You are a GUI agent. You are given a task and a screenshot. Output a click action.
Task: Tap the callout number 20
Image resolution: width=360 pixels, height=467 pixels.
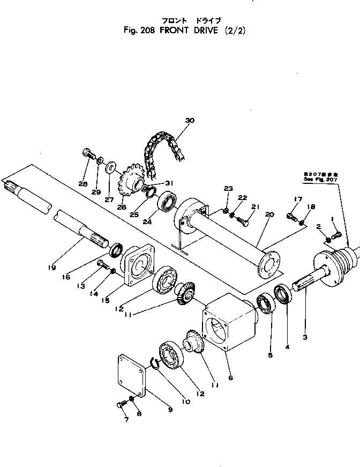pyautogui.click(x=269, y=214)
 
